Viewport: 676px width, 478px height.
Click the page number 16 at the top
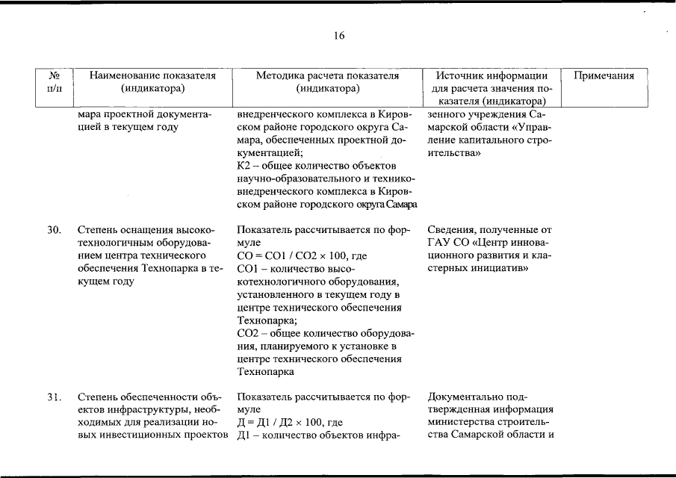(x=339, y=36)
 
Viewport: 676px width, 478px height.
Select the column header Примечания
(x=604, y=75)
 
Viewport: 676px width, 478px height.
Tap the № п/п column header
(x=54, y=82)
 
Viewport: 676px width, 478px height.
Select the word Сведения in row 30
(x=450, y=230)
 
